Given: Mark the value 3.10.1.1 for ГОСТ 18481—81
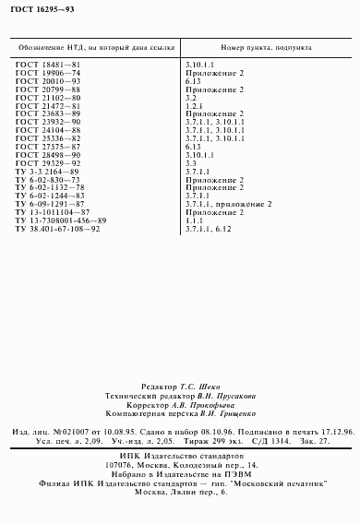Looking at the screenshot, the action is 199,64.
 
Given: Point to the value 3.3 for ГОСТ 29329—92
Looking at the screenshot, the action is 191,162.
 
